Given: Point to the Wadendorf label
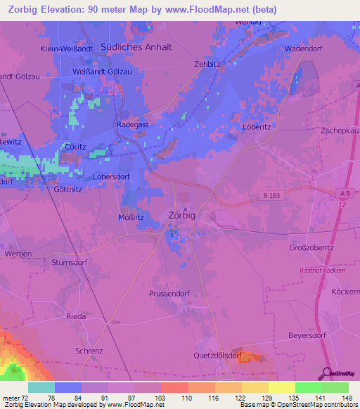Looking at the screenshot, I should coord(303,49).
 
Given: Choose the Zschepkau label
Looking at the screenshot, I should coord(340,131).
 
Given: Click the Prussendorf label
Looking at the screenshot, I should coord(169,293).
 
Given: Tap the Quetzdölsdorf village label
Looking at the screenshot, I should coord(218,356).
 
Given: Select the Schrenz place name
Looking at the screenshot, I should coord(90,350).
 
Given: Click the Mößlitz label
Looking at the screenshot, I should coord(131,218).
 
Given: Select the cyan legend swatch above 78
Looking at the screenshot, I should coord(41,387).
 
